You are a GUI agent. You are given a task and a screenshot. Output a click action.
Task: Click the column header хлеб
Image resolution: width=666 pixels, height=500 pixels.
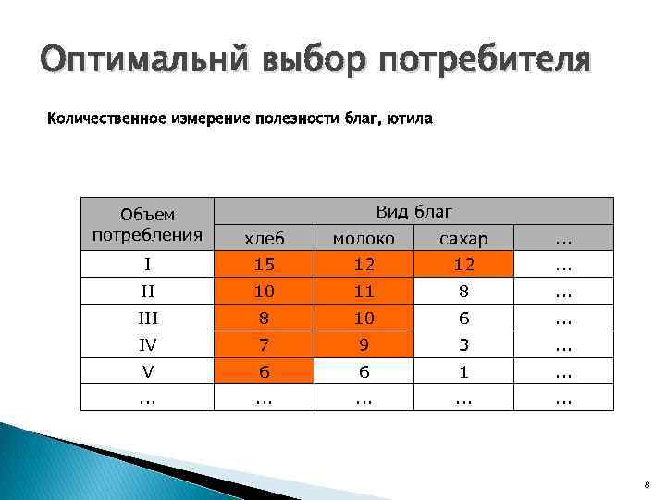tap(265, 238)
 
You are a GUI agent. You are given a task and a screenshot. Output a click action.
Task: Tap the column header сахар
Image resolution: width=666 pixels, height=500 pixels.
tap(463, 238)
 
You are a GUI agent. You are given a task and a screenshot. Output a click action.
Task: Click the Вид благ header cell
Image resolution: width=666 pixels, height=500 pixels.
tap(413, 211)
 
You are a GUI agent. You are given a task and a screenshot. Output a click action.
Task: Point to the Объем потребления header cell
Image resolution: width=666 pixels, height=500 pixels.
tap(147, 223)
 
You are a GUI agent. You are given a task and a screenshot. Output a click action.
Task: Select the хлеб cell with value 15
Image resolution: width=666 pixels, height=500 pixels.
tap(265, 264)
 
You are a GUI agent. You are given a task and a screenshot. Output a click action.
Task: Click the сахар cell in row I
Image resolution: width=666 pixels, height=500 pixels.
tap(463, 264)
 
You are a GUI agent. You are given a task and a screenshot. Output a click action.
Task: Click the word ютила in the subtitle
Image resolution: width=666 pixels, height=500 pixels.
tap(408, 119)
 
